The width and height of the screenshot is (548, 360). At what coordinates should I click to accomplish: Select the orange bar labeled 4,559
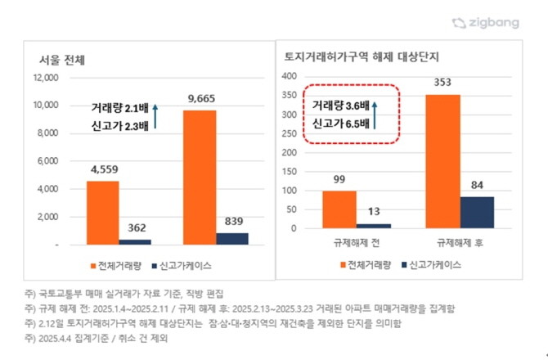pos(102,213)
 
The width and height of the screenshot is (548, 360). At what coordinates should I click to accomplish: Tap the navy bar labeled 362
pos(135,241)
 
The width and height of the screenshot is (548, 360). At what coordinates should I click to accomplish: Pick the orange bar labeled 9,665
pos(200,177)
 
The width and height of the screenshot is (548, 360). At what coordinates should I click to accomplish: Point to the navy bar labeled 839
pos(232,238)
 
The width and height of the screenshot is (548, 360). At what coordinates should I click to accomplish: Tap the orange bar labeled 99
pos(339,209)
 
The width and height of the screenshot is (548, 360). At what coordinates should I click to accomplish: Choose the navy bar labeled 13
pos(373,225)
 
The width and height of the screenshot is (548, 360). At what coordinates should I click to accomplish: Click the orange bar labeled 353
pos(442,161)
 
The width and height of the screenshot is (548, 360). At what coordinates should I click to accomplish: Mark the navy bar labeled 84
pos(477,212)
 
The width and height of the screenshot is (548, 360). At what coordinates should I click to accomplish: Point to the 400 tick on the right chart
pos(288,76)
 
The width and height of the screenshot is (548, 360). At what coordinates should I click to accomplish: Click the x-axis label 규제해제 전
pos(357,242)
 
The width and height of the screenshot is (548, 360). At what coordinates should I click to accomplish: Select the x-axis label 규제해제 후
pos(460,242)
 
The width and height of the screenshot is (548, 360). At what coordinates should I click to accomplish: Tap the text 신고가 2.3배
pos(122,125)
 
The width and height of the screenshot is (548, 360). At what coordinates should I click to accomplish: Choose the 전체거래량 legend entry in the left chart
pos(114,266)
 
